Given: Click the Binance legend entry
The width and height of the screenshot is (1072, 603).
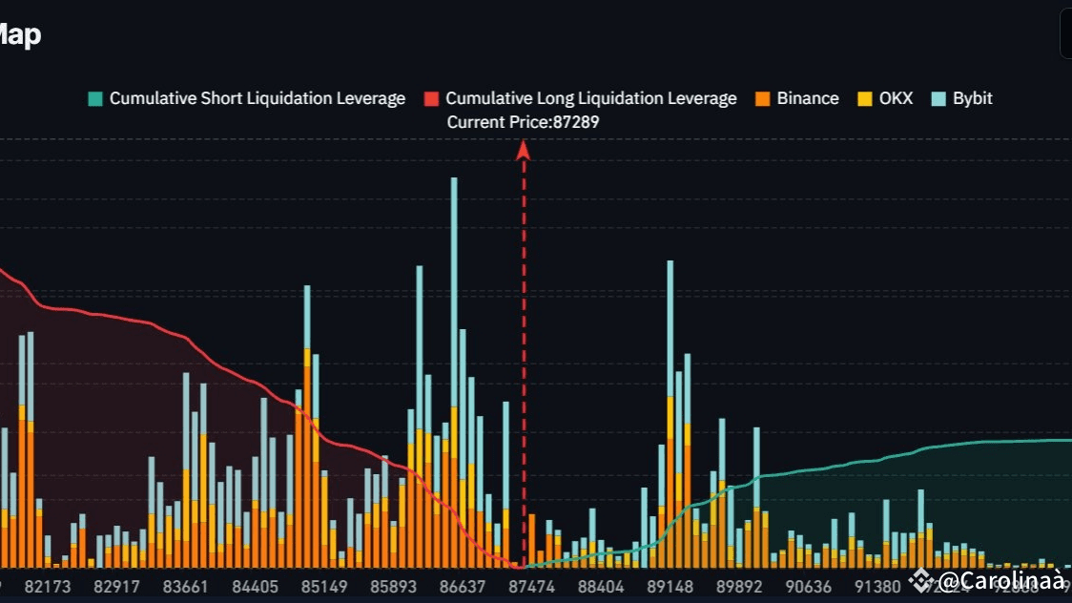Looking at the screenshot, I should pos(796,98).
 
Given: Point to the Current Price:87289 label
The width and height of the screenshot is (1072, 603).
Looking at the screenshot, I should pos(523,122).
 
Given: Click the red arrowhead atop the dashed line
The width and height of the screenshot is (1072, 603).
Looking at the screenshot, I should pos(523,150).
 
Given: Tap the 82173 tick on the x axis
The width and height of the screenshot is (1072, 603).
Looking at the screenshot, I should pos(48,586).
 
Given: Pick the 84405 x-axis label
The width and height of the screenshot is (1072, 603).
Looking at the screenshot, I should pos(256,586).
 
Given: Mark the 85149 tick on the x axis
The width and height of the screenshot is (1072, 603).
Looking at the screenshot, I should pos(325,586).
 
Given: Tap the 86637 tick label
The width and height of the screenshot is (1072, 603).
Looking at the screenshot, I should pos(464,586).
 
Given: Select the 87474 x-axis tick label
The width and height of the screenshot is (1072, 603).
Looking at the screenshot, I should pos(532,586).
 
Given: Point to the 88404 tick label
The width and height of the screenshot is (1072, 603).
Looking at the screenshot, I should pos(602,586).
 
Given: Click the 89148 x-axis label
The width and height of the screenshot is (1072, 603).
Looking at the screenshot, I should pos(670,586).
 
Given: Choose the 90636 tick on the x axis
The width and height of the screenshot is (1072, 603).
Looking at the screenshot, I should pos(809,586).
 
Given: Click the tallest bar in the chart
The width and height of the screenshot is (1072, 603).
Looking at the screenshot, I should pos(454,372).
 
